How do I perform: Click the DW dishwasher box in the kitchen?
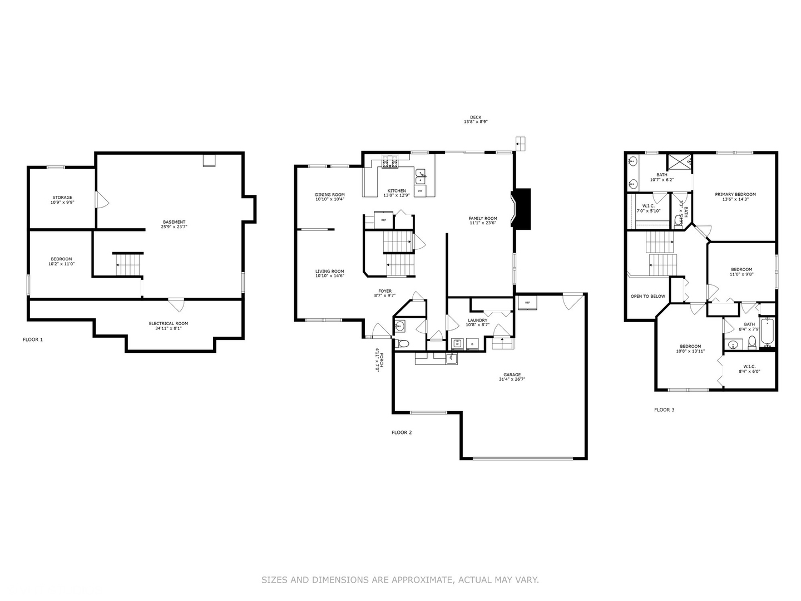(420, 191)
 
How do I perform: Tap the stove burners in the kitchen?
(389, 163)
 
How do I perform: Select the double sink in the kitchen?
(421, 176)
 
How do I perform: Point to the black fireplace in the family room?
(521, 209)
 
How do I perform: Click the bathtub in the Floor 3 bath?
(768, 332)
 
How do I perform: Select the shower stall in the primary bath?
(680, 161)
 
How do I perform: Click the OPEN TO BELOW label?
(647, 296)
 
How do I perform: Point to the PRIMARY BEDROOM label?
(735, 194)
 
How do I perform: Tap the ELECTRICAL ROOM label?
(168, 323)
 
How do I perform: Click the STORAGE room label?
(62, 198)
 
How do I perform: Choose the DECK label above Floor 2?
(475, 117)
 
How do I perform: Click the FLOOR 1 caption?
(32, 339)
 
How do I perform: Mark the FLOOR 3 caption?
(664, 410)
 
